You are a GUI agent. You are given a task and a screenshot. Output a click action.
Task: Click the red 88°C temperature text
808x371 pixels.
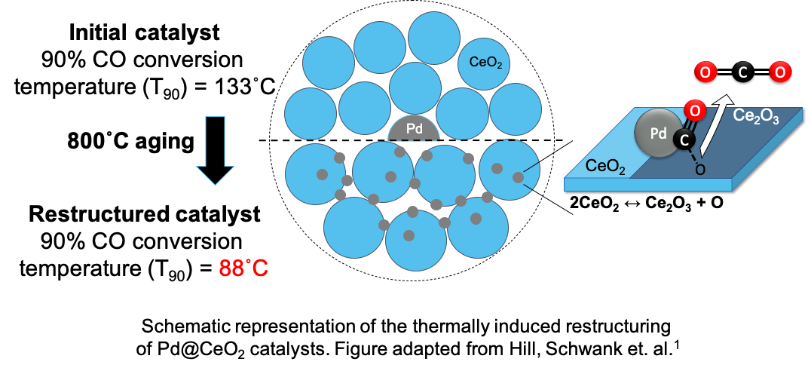tap(243, 268)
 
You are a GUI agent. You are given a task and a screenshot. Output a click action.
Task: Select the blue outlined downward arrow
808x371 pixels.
tap(216, 151)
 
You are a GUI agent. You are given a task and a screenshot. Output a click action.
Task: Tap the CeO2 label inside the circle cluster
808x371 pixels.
tap(485, 63)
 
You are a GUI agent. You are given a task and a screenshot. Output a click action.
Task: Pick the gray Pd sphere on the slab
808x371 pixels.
tap(658, 133)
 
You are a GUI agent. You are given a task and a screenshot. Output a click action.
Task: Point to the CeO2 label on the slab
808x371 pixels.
tap(605, 166)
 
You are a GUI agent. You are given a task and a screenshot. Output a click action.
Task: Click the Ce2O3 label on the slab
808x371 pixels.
tap(756, 118)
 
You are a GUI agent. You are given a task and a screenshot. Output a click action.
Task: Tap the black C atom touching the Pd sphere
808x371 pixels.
tap(684, 140)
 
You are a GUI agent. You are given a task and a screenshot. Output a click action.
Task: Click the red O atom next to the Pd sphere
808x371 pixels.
tap(695, 112)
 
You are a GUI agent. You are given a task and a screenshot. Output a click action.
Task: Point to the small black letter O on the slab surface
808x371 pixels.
tap(699, 170)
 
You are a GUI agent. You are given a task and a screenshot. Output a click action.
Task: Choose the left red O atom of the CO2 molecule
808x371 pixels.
tap(705, 72)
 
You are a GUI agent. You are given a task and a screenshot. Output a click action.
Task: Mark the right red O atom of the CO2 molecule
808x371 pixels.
tap(780, 72)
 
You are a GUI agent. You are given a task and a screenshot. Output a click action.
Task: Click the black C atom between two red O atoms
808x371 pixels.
tap(742, 72)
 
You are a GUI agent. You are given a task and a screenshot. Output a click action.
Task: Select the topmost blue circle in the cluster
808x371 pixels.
tap(434, 38)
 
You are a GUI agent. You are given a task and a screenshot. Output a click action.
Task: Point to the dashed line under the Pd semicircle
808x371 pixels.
tap(414, 140)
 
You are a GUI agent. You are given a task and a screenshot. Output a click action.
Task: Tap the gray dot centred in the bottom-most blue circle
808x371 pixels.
tap(409, 235)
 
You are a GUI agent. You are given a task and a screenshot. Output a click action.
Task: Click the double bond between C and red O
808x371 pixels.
tap(690, 126)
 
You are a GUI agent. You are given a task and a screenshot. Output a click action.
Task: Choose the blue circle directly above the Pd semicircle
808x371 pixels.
tap(415, 87)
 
